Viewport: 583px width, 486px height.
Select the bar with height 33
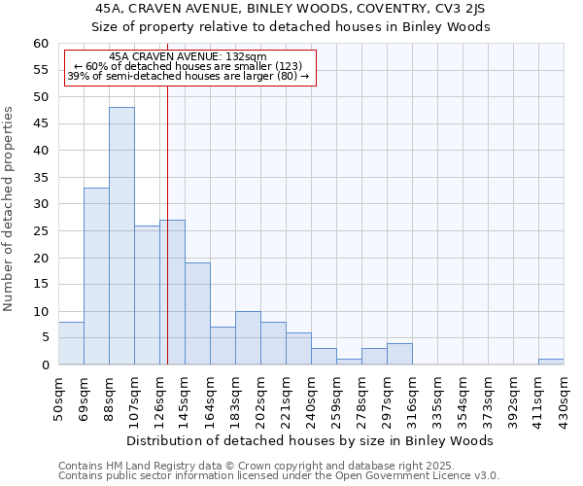96,276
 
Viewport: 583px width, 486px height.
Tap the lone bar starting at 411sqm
551,362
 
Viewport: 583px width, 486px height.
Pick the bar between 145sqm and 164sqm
197,314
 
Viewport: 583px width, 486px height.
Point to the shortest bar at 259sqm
349,362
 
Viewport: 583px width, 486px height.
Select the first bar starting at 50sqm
71,343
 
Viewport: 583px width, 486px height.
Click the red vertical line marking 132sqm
167,194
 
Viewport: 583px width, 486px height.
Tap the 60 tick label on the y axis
41,44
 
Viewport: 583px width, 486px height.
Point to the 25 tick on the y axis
41,231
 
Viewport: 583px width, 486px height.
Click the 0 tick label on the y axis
45,365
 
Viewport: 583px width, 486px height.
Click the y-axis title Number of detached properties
10,209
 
